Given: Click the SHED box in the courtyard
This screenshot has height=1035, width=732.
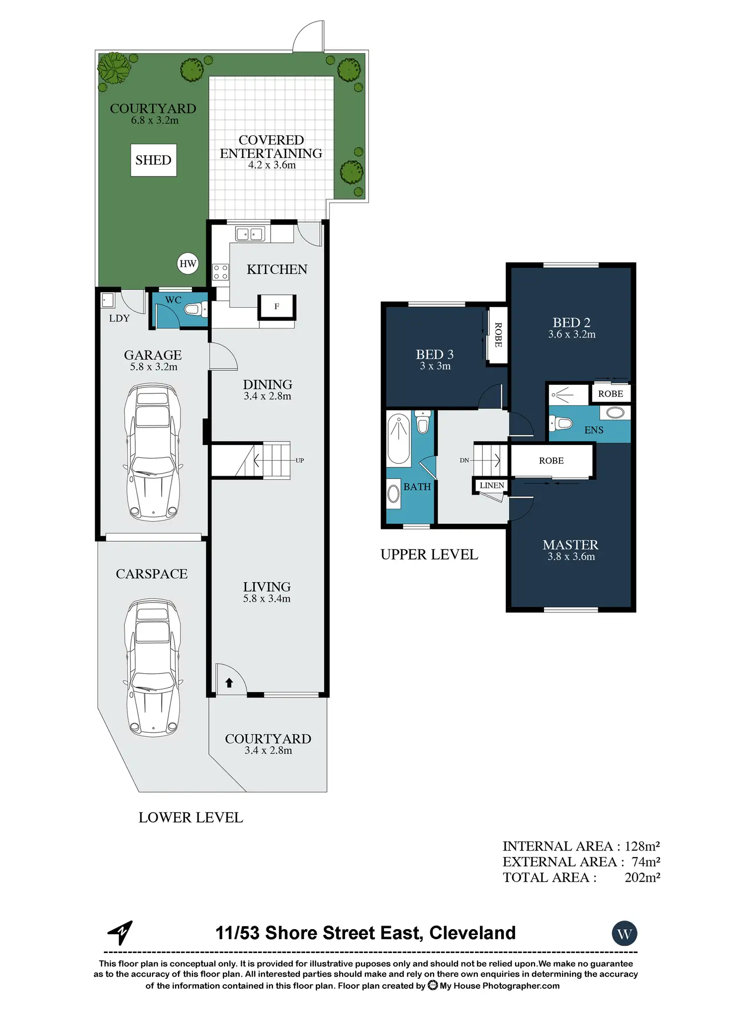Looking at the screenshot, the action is (x=153, y=160).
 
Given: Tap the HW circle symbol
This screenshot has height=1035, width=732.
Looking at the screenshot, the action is (x=188, y=263).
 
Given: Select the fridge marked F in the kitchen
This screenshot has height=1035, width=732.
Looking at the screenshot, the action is (x=276, y=307).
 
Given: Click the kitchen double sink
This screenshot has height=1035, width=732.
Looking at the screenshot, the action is (x=249, y=234).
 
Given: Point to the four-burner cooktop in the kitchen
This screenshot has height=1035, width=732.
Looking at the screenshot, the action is (x=221, y=272).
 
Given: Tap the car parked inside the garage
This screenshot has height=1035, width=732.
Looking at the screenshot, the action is (x=153, y=452).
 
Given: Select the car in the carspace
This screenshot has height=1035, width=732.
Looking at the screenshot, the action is (x=153, y=668).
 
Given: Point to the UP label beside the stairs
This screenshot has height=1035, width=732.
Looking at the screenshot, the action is (x=299, y=460).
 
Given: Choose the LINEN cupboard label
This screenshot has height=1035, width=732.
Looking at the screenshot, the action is (x=492, y=485).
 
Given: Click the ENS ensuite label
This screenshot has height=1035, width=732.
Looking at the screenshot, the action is (x=594, y=430).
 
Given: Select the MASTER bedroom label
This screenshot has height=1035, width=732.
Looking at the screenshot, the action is (x=571, y=545).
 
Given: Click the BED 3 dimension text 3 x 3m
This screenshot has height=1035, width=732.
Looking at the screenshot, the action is (x=435, y=366).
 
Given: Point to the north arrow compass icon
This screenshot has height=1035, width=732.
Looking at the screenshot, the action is (x=120, y=933).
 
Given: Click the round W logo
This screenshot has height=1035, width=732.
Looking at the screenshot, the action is (x=625, y=934).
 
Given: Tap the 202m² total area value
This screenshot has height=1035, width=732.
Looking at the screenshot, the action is (x=642, y=877).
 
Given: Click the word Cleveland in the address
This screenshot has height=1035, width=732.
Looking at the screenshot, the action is (x=472, y=933).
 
